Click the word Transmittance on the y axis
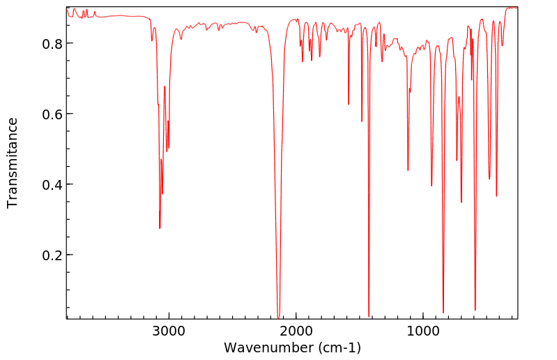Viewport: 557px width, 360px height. (13, 163)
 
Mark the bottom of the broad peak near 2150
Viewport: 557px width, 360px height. (278, 317)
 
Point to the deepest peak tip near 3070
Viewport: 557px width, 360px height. (160, 228)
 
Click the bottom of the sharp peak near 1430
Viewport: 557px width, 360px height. (369, 316)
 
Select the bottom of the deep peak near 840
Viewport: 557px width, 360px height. (443, 313)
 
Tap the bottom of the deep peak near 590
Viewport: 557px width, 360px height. (475, 310)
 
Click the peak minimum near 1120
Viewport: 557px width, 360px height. (408, 170)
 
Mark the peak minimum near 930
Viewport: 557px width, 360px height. (432, 186)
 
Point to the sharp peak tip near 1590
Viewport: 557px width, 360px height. (349, 105)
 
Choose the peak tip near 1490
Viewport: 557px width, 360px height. (362, 121)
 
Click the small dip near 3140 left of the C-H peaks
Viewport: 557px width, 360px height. (152, 40)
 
